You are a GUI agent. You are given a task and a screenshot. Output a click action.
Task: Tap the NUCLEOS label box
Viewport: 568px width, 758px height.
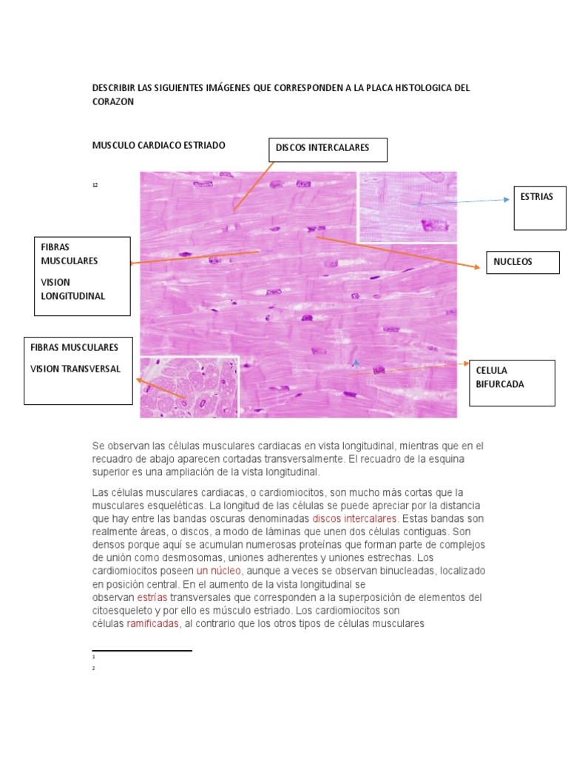coord(522,262)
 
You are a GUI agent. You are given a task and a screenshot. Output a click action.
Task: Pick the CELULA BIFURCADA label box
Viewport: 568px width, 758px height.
coord(512,383)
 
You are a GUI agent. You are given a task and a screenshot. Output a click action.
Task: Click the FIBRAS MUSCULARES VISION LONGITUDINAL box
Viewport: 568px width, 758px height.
coord(82,275)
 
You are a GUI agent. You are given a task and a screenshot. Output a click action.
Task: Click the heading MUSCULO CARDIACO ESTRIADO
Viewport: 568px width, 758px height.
coord(158,145)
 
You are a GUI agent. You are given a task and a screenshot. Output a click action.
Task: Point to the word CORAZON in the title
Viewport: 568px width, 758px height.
coord(112,102)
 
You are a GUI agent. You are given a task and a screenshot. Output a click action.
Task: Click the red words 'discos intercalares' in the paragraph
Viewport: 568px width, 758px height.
coord(355,519)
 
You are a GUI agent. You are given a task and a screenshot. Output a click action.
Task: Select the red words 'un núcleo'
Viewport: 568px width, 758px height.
coord(218,571)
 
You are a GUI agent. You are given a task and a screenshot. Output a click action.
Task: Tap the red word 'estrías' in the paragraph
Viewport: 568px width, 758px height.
coord(152,597)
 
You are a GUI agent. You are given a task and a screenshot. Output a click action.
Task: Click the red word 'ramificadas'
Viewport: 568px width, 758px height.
coord(153,624)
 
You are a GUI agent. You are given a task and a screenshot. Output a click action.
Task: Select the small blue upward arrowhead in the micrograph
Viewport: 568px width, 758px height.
coord(356,362)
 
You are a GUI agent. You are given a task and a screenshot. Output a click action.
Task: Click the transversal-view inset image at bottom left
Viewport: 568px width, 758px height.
coord(189,387)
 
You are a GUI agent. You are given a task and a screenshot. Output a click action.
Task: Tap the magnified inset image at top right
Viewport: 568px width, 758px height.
coord(408,207)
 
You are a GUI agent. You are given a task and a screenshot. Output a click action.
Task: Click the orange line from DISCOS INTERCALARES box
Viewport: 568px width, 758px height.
coord(254,186)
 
